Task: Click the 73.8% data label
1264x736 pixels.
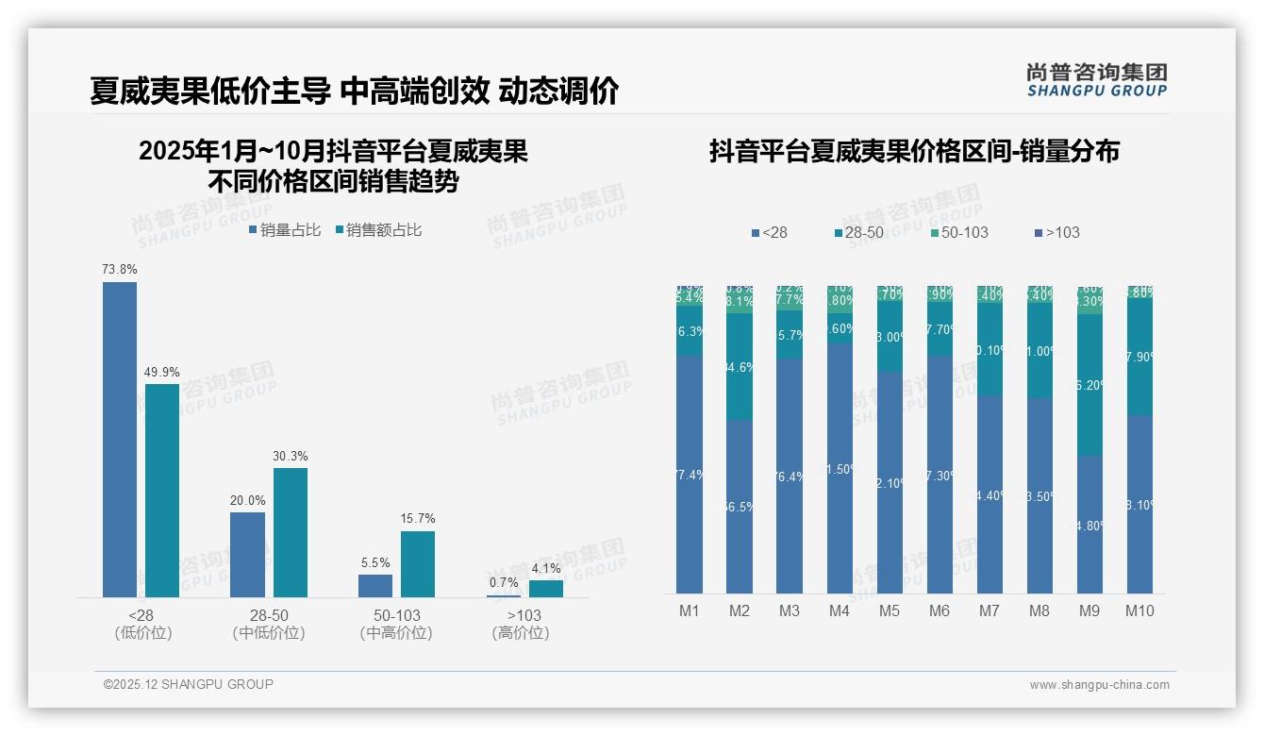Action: (120, 270)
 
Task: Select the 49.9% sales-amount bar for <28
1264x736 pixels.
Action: (162, 490)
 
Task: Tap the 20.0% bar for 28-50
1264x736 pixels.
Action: (247, 554)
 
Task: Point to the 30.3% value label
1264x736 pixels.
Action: (291, 457)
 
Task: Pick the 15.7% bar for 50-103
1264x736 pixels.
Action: (418, 563)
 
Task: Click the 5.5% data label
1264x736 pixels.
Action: (375, 563)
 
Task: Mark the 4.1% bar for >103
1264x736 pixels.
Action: (545, 588)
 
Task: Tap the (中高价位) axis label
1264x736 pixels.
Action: (396, 633)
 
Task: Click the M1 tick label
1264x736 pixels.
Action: (690, 611)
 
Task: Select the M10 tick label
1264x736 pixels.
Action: (1139, 611)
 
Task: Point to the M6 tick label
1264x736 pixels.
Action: (940, 611)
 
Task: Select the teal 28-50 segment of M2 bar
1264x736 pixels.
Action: (740, 366)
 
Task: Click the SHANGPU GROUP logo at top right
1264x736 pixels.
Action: (1097, 80)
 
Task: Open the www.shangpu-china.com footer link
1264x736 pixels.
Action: (1099, 685)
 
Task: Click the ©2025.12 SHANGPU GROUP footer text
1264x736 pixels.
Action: (189, 684)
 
